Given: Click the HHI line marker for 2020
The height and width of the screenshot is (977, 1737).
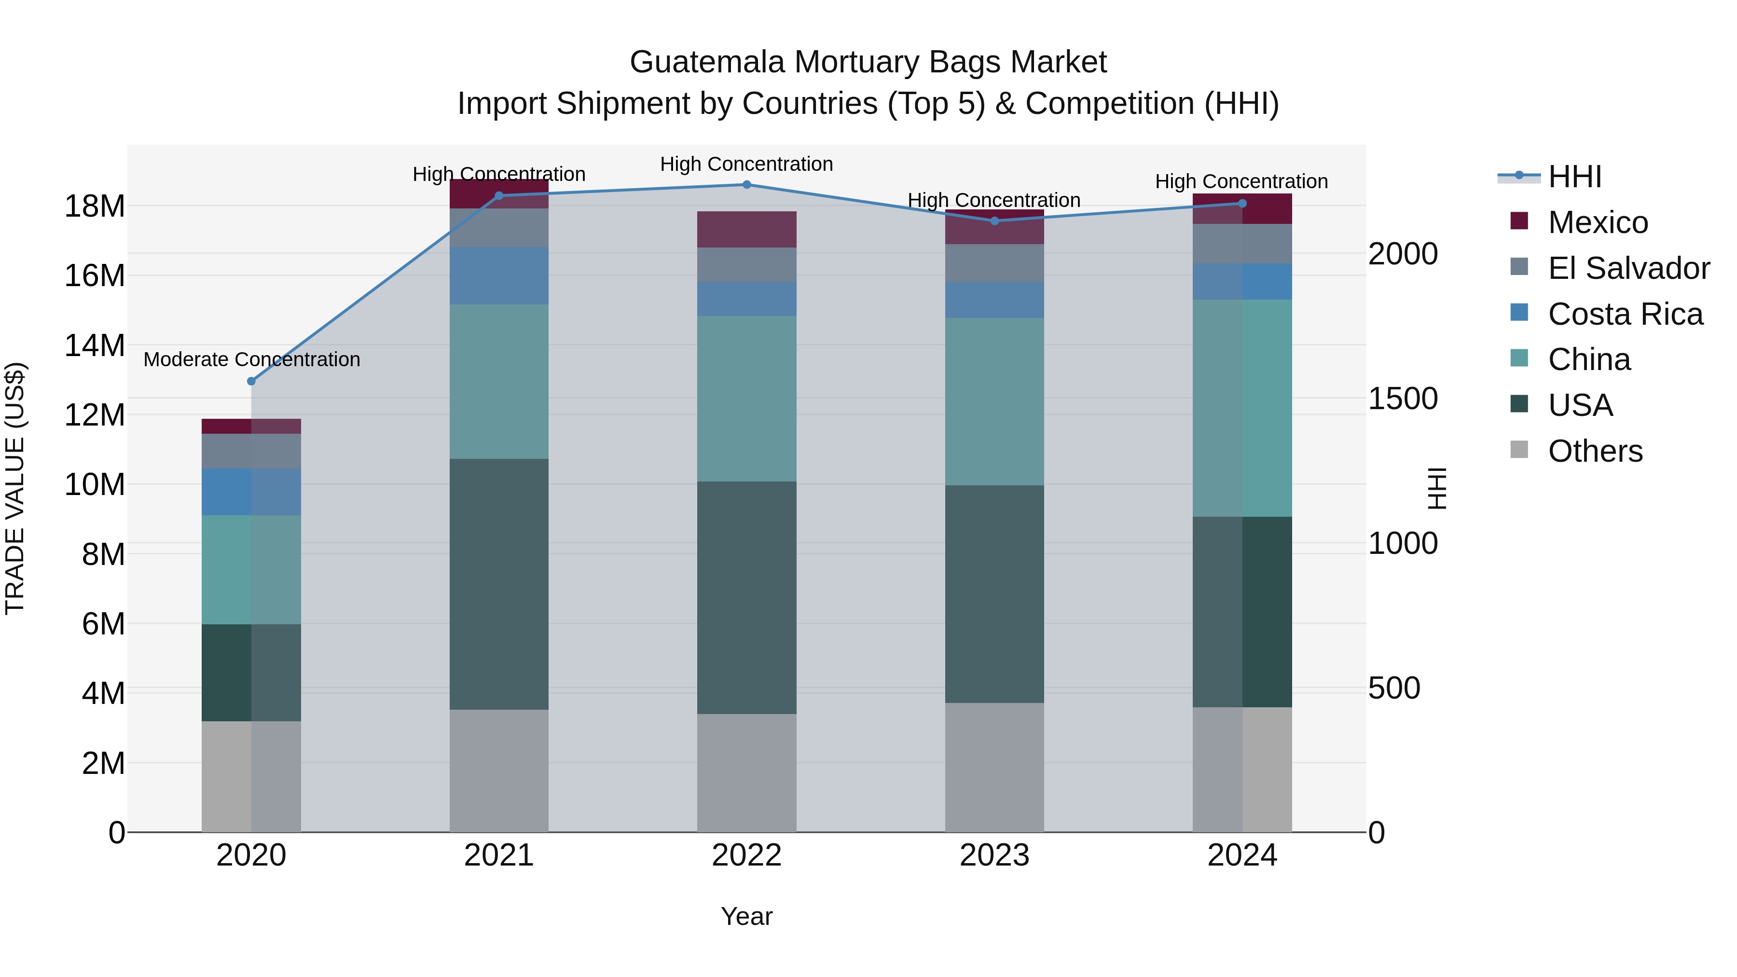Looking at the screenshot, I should [x=251, y=381].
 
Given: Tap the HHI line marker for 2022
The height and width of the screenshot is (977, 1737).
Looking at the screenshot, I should [x=746, y=184].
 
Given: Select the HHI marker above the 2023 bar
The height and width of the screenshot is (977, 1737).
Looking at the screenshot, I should [x=994, y=220].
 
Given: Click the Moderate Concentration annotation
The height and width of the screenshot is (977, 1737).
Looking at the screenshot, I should [x=251, y=359].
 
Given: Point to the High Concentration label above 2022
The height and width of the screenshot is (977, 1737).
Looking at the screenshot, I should [x=746, y=164].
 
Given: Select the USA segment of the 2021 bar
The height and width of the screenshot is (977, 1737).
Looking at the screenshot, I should [x=499, y=584].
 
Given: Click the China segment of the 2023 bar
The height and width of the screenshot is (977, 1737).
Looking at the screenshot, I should [x=994, y=401].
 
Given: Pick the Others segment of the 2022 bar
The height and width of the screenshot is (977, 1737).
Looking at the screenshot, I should [x=746, y=773].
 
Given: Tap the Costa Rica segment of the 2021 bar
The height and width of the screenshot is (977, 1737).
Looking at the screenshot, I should [x=499, y=276].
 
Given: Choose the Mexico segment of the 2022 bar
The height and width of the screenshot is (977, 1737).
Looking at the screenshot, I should [x=746, y=229].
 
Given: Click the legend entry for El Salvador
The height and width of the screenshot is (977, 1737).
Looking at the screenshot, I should [x=1628, y=268].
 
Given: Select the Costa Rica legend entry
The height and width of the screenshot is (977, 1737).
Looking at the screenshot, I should [x=1625, y=314].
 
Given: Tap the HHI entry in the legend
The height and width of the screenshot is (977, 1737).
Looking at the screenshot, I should [x=1574, y=177].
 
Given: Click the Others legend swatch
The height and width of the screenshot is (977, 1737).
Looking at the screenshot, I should [x=1519, y=450].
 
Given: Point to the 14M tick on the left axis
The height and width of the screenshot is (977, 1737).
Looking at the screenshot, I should [x=95, y=345].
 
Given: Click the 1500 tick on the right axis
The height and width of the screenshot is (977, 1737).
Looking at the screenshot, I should [x=1403, y=399].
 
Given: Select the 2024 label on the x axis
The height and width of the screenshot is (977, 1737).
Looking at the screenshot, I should [x=1242, y=855].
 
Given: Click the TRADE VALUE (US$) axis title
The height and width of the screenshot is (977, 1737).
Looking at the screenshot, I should [x=15, y=488].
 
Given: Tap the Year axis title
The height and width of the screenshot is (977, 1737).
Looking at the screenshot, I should [x=746, y=916].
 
